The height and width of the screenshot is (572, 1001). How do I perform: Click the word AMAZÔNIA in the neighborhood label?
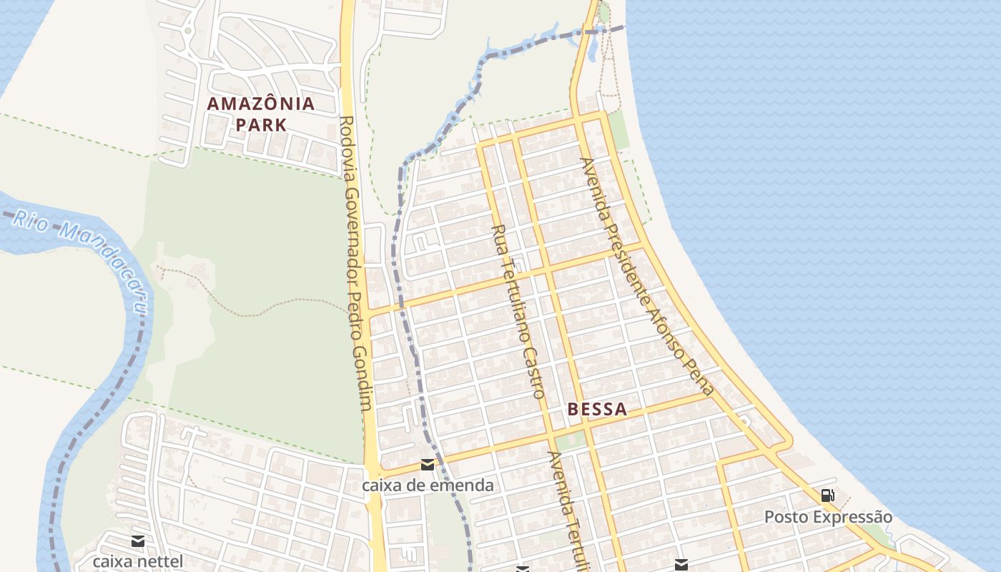(x=261, y=104)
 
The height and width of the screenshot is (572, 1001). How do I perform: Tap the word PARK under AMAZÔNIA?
(x=261, y=124)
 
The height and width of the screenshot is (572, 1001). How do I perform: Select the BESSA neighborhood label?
(x=597, y=410)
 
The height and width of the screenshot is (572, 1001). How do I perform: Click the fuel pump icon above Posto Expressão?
(x=827, y=495)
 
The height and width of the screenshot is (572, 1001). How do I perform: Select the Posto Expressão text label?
(x=828, y=517)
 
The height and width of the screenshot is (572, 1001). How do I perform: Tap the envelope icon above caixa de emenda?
(x=428, y=465)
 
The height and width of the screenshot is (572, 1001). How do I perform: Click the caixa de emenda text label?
(x=428, y=485)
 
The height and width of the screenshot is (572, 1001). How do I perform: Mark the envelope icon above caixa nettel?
(x=138, y=541)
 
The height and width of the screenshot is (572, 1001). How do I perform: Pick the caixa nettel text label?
(x=138, y=561)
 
